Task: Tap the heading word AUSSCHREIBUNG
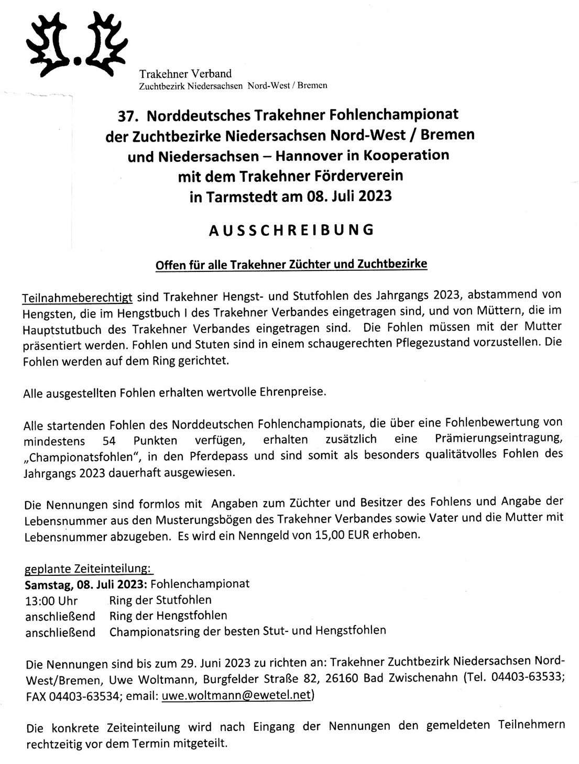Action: tap(291, 231)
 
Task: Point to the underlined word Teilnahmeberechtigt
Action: tap(78, 298)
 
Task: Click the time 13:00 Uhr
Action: tap(51, 601)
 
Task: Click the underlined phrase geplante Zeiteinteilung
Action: tap(89, 569)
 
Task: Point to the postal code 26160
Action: tap(342, 679)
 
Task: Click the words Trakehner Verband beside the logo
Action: tap(185, 74)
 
